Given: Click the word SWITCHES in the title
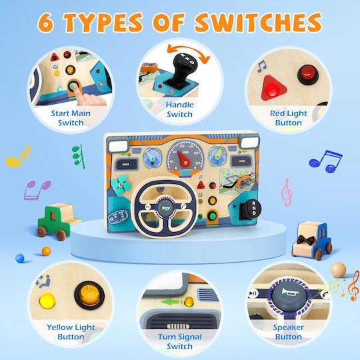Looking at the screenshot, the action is coord(259,23).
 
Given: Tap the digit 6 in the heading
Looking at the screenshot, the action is coord(46,23).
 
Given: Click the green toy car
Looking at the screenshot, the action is coord(58,221).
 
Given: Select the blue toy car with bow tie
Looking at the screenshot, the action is coord(312,240).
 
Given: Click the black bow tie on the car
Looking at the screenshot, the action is coord(306,240).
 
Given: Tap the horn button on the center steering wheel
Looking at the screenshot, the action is coord(165,208).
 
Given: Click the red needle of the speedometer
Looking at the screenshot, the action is coord(183,159).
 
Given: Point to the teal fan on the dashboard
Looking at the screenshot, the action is coord(121,185).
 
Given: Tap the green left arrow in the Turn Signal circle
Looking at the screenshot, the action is coord(171,302).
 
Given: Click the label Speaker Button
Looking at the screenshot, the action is coord(289,332).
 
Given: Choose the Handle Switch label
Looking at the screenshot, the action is coord(180,109).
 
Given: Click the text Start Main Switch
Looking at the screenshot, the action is coord(71,118).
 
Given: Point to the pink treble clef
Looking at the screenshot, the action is coord(287,192).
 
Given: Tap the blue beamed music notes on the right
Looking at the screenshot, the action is coord(325,161).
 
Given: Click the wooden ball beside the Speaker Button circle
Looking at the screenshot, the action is coord(338,270).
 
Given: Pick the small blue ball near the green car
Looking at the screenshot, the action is coord(20,258).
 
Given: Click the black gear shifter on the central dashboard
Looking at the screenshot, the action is coord(251,209).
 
